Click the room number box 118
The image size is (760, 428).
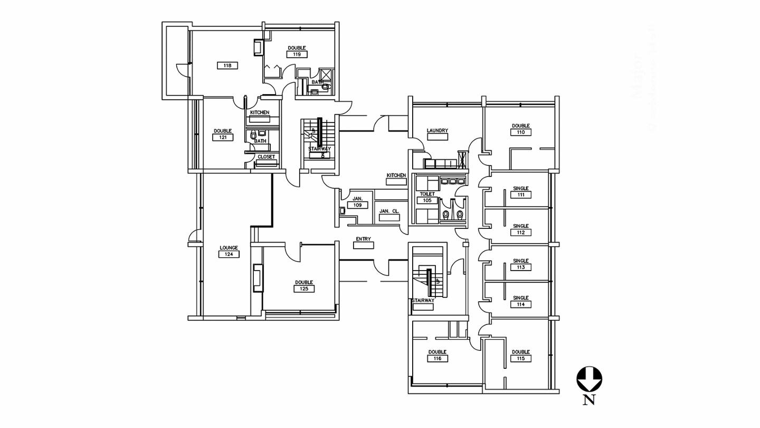click(x=227, y=66)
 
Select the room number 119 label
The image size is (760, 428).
click(x=297, y=54)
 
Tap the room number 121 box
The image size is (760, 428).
click(x=222, y=137)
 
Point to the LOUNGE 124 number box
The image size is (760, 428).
click(x=229, y=254)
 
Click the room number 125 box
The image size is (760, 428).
click(x=304, y=289)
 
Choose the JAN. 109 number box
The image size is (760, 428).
click(x=357, y=205)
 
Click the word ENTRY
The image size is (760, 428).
click(x=363, y=239)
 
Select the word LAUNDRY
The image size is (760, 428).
click(x=438, y=131)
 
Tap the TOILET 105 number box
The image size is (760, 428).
click(x=427, y=201)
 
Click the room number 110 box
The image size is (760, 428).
click(x=520, y=132)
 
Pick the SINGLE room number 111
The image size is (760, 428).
click(x=520, y=195)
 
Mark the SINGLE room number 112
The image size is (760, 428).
click(x=520, y=232)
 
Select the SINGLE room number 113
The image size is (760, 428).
click(x=520, y=267)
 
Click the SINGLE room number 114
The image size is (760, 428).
click(x=520, y=305)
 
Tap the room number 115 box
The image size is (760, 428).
click(x=520, y=359)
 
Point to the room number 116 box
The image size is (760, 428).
click(x=437, y=359)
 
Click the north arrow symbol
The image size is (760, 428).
click(x=589, y=379)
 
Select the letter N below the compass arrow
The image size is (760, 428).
click(x=589, y=400)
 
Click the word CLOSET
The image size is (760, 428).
click(x=266, y=157)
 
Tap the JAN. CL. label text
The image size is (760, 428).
click(x=389, y=211)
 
